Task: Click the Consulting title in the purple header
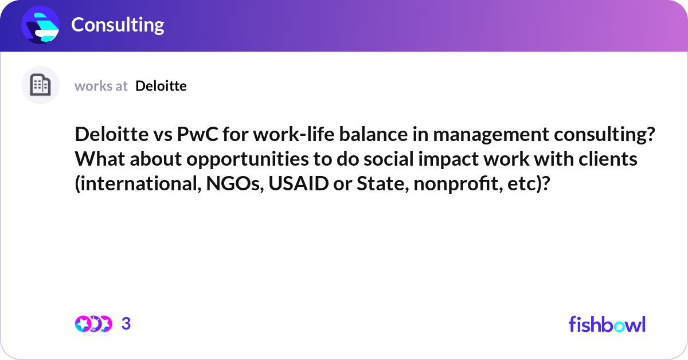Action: click(118, 25)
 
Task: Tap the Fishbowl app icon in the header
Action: click(41, 25)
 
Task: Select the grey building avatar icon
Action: click(40, 85)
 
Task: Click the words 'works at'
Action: click(101, 86)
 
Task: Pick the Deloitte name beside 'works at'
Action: click(161, 86)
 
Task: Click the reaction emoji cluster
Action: click(93, 324)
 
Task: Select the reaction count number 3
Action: click(126, 324)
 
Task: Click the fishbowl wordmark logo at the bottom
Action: click(607, 324)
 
